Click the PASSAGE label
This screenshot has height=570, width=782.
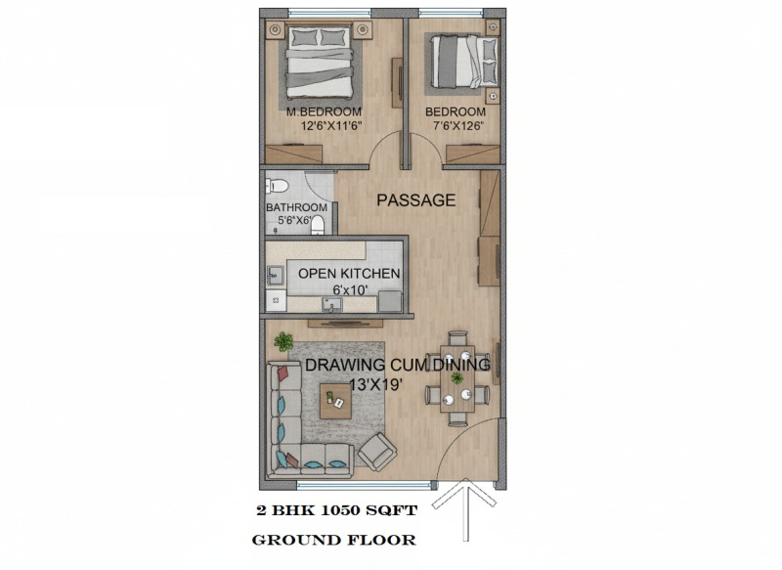416,200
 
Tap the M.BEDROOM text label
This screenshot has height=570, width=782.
324,111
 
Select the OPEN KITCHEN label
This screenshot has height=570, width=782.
349,274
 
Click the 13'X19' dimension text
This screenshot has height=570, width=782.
375,384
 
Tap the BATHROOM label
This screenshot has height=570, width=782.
297,207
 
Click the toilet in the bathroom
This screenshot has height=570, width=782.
277,187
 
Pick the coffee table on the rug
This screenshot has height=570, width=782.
335,401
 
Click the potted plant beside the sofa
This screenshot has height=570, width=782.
283,341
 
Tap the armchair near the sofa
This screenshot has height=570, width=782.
377,452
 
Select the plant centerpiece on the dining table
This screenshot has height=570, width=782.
456,378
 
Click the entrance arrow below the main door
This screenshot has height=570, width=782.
465,508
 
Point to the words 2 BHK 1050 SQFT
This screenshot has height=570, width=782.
336,510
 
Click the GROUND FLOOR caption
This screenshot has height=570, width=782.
333,540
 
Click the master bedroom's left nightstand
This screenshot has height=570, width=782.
275,30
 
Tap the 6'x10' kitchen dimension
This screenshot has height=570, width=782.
350,289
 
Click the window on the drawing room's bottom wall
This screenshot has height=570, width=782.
364,484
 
